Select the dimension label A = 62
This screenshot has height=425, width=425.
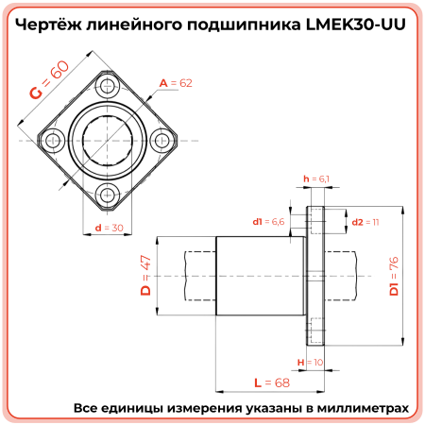click(x=176, y=84)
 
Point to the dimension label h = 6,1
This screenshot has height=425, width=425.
click(x=316, y=178)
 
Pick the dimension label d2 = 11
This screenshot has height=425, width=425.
click(x=365, y=222)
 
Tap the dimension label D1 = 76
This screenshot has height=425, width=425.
click(x=395, y=275)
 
